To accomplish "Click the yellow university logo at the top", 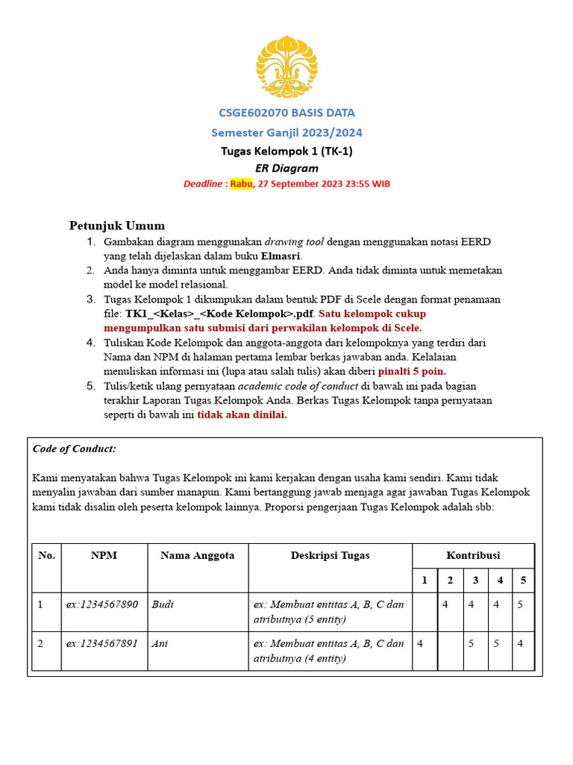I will pyautogui.click(x=286, y=61).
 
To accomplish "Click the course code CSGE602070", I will pyautogui.click(x=250, y=113).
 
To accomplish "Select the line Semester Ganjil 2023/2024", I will pyautogui.click(x=286, y=132).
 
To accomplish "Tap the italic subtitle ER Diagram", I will pyautogui.click(x=286, y=168).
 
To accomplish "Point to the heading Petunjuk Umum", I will pyautogui.click(x=117, y=226).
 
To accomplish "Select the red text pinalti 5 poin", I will pyautogui.click(x=412, y=371).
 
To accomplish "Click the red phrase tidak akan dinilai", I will pyautogui.click(x=242, y=415).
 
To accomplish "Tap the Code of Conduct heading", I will pyautogui.click(x=75, y=449).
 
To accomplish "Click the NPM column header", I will pyautogui.click(x=104, y=555).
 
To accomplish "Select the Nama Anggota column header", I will pyautogui.click(x=198, y=555).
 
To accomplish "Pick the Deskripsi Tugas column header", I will pyautogui.click(x=330, y=555).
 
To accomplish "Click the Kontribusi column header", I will pyautogui.click(x=473, y=555).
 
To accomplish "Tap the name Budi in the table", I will pyautogui.click(x=162, y=604).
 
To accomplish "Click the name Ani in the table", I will pyautogui.click(x=159, y=642).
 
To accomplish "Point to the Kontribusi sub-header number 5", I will pyautogui.click(x=523, y=580).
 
